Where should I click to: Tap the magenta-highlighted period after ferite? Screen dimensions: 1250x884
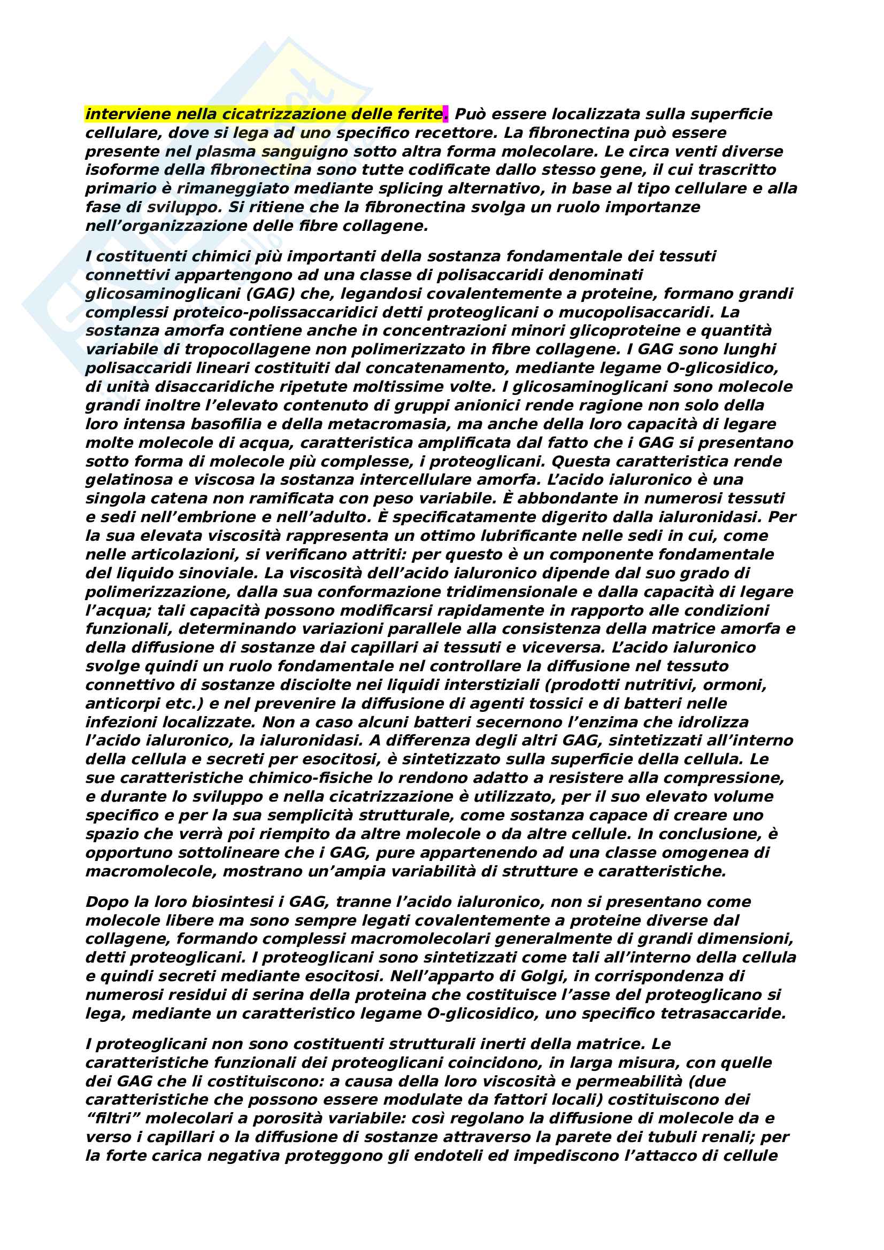[x=446, y=114]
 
